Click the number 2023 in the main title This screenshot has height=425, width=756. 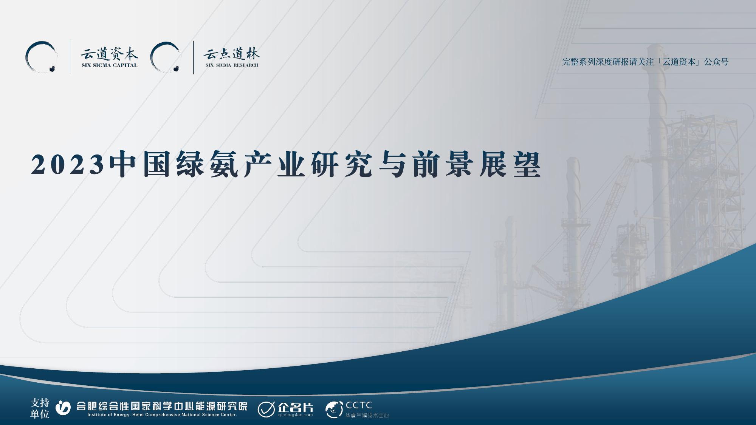click(x=67, y=165)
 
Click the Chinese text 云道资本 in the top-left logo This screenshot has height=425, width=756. click(x=109, y=55)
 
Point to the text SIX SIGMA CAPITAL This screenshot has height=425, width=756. click(x=109, y=65)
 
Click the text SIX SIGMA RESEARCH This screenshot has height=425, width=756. click(x=232, y=65)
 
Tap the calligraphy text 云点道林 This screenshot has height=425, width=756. click(x=231, y=55)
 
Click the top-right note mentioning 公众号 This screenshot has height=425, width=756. click(x=645, y=62)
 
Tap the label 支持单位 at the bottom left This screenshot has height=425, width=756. click(x=40, y=408)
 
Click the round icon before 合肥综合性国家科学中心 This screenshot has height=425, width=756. click(x=63, y=407)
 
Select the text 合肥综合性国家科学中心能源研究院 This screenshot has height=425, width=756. click(x=162, y=406)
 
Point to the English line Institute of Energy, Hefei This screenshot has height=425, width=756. click(x=162, y=415)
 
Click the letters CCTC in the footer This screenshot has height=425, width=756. click(x=359, y=405)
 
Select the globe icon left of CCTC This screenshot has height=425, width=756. click(x=334, y=410)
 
